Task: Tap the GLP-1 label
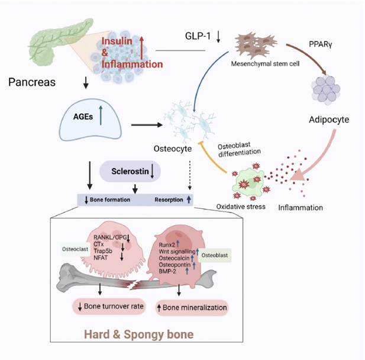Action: click(x=198, y=36)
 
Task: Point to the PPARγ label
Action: click(x=320, y=44)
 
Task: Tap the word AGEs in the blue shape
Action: click(x=83, y=117)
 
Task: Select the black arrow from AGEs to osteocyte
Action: click(x=147, y=125)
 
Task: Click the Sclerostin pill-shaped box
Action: click(x=130, y=171)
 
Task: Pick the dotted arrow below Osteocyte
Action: click(x=189, y=175)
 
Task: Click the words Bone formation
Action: click(x=110, y=200)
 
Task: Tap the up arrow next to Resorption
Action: click(x=189, y=199)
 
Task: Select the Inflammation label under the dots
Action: click(x=301, y=207)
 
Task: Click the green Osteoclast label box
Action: click(x=75, y=249)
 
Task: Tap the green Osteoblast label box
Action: click(x=214, y=255)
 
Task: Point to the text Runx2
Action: click(x=167, y=245)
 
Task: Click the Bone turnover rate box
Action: click(x=109, y=306)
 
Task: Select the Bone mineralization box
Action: click(x=192, y=307)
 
